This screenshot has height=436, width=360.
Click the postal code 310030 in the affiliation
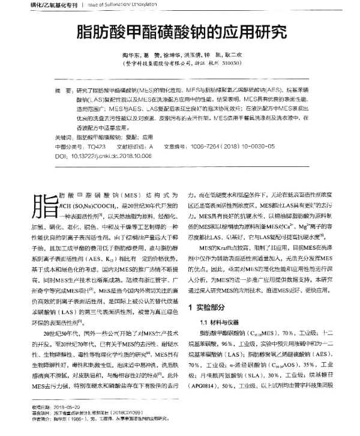click(x=233, y=62)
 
